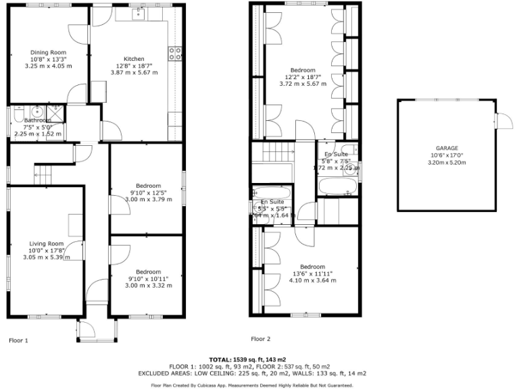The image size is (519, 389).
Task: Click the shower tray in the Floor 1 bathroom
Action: pyautogui.click(x=55, y=113)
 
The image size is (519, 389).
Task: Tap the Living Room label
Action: pyautogui.click(x=46, y=244)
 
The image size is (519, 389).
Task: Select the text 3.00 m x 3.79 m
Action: pyautogui.click(x=148, y=199)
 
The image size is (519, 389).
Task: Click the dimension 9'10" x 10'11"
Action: pyautogui.click(x=148, y=278)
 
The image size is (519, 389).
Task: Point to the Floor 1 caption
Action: pyautogui.click(x=18, y=340)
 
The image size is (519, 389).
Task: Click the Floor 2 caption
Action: pyautogui.click(x=260, y=338)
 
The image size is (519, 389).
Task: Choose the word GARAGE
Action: pyautogui.click(x=447, y=148)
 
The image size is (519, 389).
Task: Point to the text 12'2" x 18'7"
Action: pyautogui.click(x=303, y=77)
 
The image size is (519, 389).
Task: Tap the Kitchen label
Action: pyautogui.click(x=134, y=59)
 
